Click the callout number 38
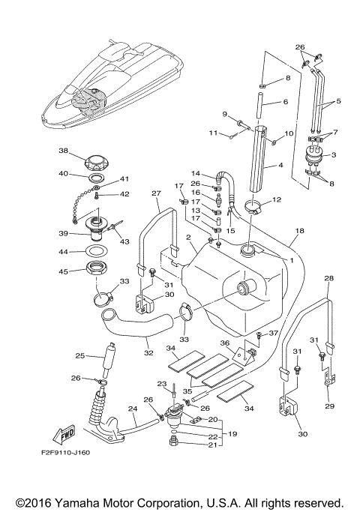(x=63, y=150)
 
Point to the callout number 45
(x=63, y=272)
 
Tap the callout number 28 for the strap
(x=328, y=279)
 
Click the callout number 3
(x=334, y=154)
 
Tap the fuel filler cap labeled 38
(x=96, y=160)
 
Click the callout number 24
(x=131, y=409)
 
